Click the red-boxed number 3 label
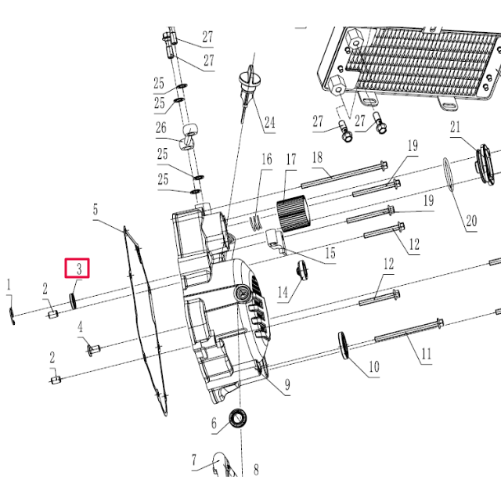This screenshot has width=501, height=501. click(x=78, y=269)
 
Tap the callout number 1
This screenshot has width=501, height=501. click(x=9, y=284)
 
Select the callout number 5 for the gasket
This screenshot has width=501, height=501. click(x=96, y=210)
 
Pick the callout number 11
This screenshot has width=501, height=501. click(x=426, y=355)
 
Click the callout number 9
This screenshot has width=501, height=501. click(x=287, y=384)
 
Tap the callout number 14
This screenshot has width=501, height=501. click(x=283, y=293)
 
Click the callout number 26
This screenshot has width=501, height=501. click(x=160, y=128)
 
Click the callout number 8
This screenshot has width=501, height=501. click(x=255, y=470)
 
